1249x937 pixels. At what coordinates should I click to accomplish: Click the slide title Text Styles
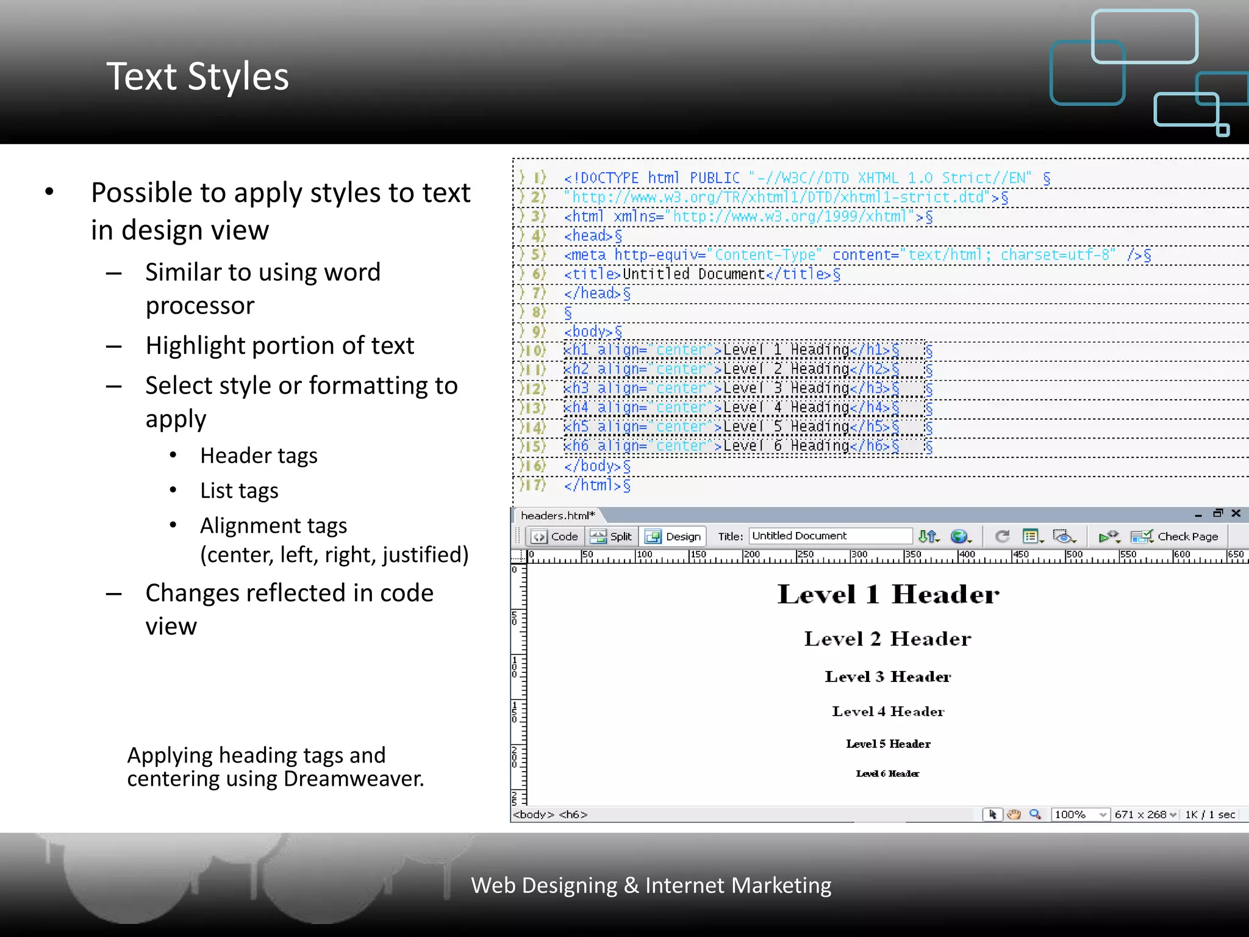tap(197, 77)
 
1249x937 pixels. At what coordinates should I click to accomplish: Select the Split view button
tap(612, 536)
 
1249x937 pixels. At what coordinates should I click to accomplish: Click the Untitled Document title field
tap(829, 536)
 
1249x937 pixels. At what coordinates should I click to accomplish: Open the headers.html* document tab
tap(557, 515)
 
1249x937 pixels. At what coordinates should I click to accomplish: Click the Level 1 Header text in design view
tap(888, 594)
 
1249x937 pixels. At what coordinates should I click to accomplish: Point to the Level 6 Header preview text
tap(887, 774)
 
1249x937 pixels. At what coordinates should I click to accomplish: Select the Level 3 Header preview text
tap(888, 677)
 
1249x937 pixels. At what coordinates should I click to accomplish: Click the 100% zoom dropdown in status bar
tap(1080, 814)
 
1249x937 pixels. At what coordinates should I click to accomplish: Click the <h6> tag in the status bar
tap(573, 814)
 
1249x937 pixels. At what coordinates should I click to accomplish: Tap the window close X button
tap(1236, 513)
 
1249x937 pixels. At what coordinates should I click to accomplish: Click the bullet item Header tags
tap(259, 456)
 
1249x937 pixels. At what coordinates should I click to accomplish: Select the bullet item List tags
tap(239, 490)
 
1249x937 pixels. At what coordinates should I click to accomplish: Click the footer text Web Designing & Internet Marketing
tap(651, 885)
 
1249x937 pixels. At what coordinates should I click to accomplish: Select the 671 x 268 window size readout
tap(1140, 814)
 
